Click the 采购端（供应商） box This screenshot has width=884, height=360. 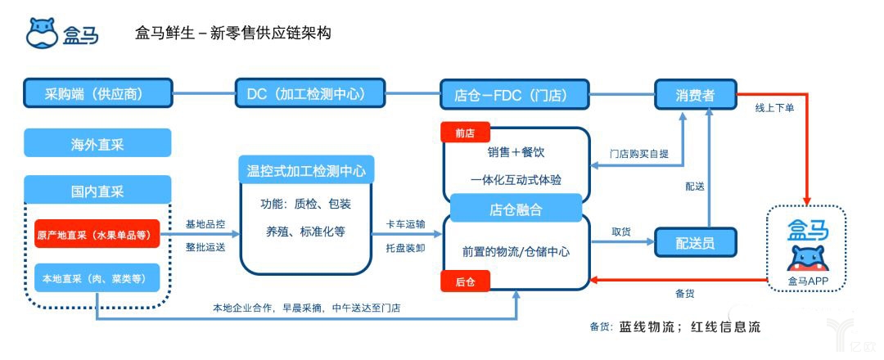pyautogui.click(x=97, y=93)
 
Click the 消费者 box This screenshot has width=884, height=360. pyautogui.click(x=696, y=95)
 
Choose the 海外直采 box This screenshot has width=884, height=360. pyautogui.click(x=97, y=143)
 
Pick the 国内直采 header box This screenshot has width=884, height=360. pyautogui.click(x=97, y=191)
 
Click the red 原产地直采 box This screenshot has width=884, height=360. pyautogui.click(x=97, y=234)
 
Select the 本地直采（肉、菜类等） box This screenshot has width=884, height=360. pyautogui.click(x=97, y=279)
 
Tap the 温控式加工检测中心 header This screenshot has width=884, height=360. pyautogui.click(x=306, y=171)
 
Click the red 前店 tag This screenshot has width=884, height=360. pyautogui.click(x=464, y=133)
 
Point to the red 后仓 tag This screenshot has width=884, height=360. pyautogui.click(x=464, y=281)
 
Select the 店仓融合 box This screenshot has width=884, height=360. pyautogui.click(x=516, y=210)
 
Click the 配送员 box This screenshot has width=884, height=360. pyautogui.click(x=696, y=243)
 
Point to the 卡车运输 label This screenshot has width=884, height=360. pyautogui.click(x=405, y=224)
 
